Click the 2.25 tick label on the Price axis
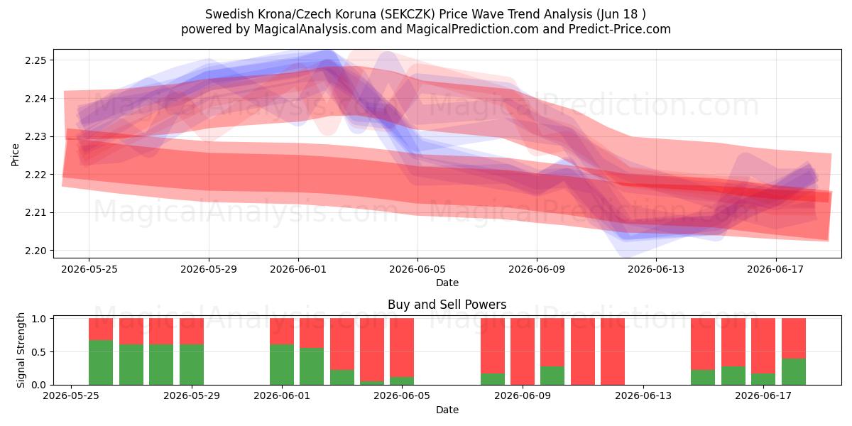(35, 60)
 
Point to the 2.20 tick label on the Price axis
(35, 251)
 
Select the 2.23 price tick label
(35, 136)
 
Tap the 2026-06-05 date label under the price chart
(417, 269)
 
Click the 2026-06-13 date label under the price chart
(656, 269)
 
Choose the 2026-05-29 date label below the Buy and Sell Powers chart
(192, 395)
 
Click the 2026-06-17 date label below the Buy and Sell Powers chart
(763, 395)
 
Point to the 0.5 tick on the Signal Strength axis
(39, 352)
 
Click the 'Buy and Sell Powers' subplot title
(447, 305)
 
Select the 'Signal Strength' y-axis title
(21, 350)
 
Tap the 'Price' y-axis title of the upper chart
(15, 155)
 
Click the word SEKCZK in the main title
(409, 14)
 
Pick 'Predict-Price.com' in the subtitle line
(620, 29)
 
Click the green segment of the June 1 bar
(282, 364)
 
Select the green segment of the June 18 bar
(794, 371)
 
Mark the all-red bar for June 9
(523, 351)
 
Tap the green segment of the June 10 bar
(552, 376)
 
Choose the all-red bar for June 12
(613, 351)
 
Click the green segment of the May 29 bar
(192, 364)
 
